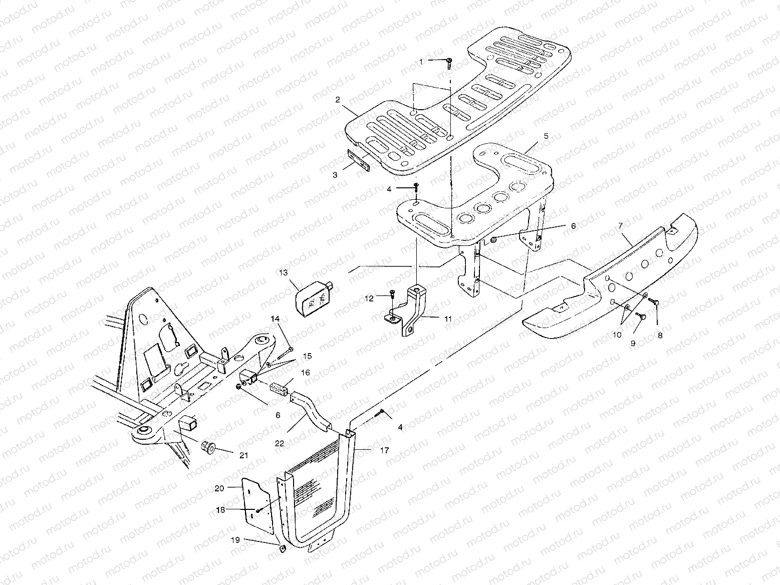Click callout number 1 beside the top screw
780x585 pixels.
421,62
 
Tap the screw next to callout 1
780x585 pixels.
449,62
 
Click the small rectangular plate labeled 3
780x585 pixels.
359,159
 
